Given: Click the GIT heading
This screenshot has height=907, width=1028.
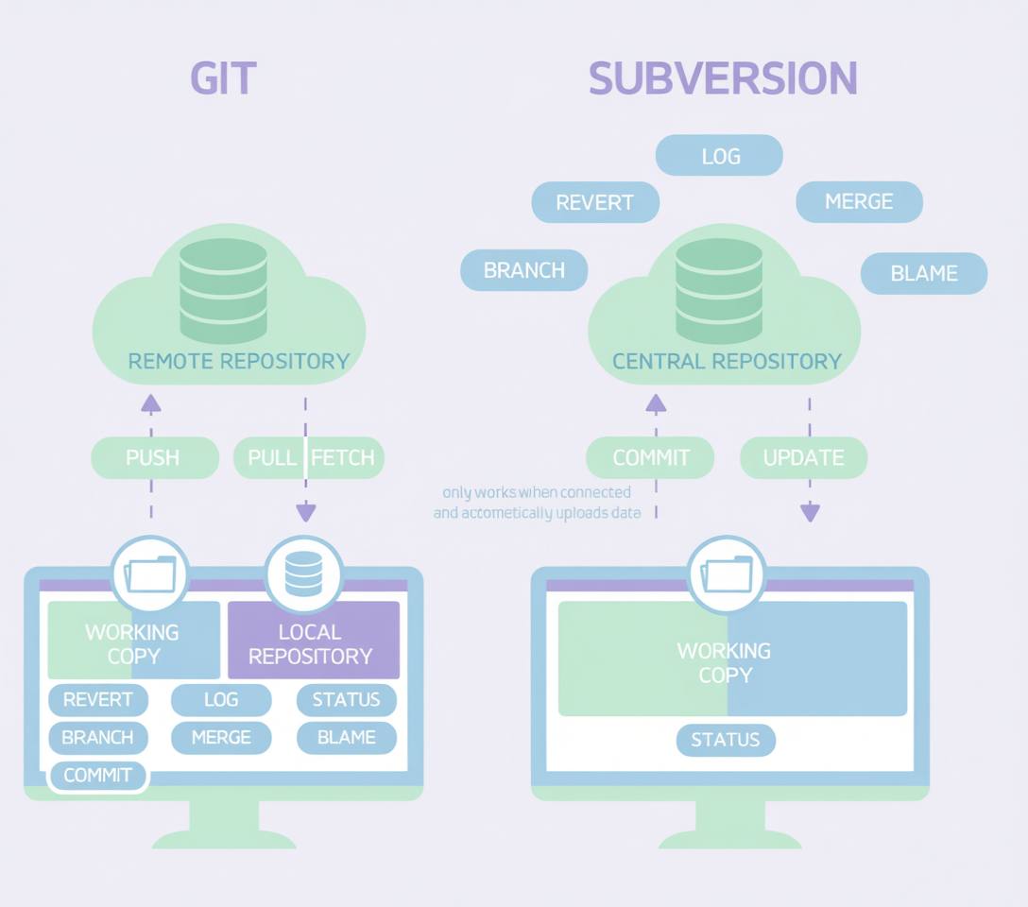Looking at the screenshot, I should [223, 77].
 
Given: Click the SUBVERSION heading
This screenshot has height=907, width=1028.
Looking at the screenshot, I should [723, 77].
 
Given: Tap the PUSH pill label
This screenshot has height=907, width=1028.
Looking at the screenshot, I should [153, 457].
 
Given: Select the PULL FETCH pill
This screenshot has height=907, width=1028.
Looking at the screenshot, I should [309, 457].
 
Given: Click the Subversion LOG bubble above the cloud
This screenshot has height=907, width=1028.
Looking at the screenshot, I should [719, 156].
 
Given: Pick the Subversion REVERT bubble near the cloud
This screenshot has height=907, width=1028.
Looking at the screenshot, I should [594, 202].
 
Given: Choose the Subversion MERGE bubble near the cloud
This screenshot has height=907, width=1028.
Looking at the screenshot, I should [859, 201].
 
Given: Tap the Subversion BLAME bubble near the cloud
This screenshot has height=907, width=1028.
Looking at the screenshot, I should [924, 273].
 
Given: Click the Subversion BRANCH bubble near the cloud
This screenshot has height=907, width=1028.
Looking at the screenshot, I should [523, 270].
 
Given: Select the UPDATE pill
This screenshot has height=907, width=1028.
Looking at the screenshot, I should [802, 457].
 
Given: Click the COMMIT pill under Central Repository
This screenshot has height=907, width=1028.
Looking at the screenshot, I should [651, 457].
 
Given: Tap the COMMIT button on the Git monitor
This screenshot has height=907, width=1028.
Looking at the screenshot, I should [97, 776].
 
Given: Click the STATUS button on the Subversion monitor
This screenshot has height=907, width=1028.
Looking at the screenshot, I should [726, 740].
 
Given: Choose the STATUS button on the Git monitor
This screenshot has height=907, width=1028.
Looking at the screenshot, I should [346, 700].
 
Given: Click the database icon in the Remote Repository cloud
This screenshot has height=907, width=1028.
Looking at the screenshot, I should [223, 290].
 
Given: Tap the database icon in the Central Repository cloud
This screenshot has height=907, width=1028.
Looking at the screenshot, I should [719, 290].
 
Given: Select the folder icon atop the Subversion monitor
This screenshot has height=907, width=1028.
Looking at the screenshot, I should [726, 573].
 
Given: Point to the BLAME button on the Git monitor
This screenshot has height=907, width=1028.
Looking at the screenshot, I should [346, 738].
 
